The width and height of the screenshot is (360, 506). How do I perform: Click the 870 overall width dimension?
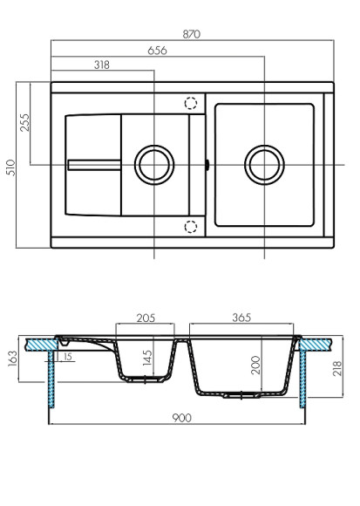192,34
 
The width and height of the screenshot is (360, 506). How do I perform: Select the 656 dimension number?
157,51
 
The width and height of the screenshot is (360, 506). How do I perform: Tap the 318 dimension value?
101,65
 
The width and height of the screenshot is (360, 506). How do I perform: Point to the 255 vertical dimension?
24,122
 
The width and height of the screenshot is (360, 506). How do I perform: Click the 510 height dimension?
10,166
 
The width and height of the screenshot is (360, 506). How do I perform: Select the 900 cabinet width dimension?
180,418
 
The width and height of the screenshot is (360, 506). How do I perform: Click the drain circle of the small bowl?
153,163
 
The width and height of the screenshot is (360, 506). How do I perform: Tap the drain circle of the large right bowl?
264,163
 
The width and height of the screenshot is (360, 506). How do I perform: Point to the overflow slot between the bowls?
207,163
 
